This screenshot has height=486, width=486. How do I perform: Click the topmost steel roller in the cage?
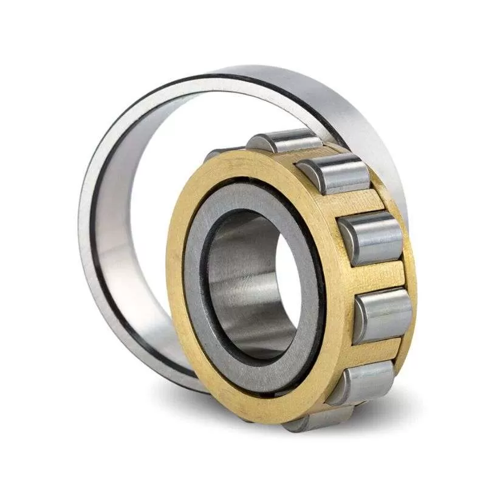(284, 141)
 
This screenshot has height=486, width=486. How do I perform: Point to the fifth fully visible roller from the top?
(361, 382)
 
